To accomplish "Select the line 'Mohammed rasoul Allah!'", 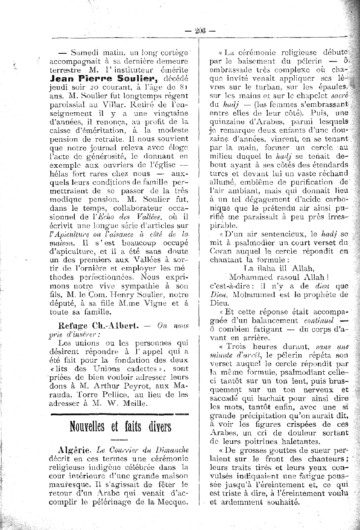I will pos(278,277).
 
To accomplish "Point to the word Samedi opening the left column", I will pos(85,53).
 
